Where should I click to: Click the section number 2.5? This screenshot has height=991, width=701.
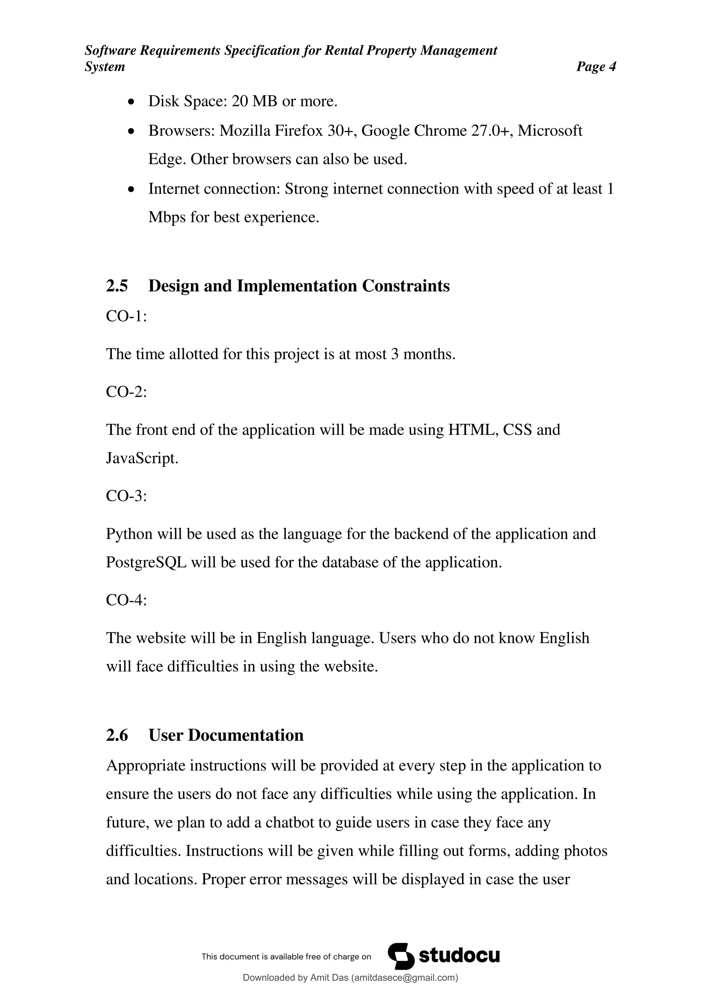[117, 286]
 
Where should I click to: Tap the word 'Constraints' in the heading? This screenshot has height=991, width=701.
[405, 286]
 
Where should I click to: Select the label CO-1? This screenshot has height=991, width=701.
[126, 317]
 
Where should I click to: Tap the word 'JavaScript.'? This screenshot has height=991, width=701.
[142, 458]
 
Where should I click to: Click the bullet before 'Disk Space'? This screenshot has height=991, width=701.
[132, 102]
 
